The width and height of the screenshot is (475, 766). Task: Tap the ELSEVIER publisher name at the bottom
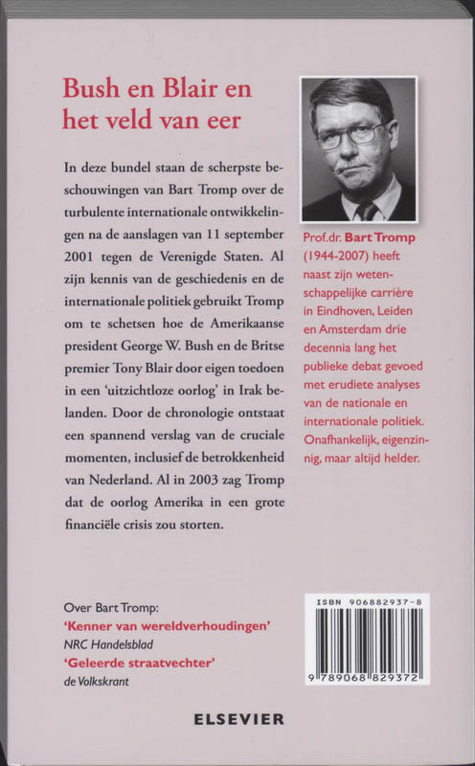(x=237, y=718)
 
